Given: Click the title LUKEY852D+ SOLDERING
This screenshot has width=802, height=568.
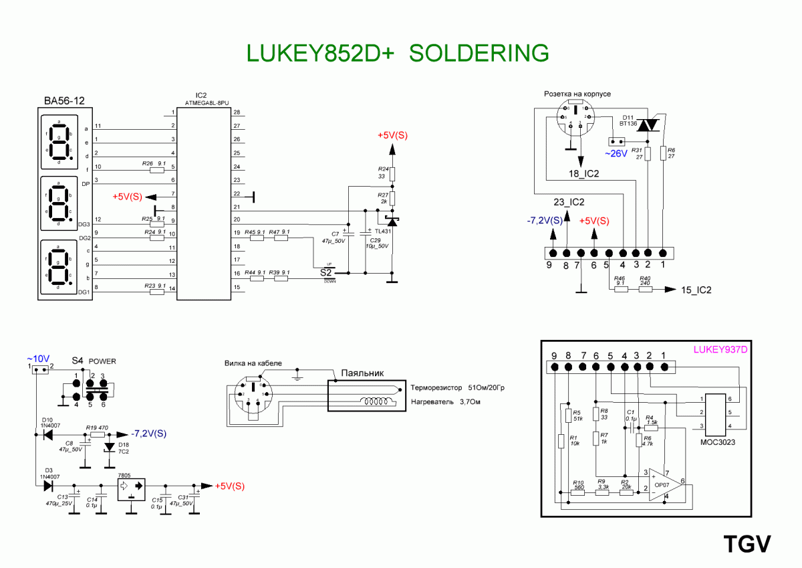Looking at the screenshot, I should click(398, 53).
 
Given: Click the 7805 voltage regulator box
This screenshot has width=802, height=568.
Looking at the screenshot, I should click(131, 488).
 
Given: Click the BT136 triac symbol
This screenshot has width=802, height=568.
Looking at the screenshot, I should click(648, 125).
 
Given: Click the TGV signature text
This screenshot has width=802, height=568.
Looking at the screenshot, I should click(747, 544).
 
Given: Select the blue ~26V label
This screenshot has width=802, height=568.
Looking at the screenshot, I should click(616, 154).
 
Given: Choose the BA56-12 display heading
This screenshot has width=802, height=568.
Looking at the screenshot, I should click(64, 102).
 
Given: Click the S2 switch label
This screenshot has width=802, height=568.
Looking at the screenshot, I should click(326, 272).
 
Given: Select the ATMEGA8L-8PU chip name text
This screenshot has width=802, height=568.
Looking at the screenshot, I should click(207, 102).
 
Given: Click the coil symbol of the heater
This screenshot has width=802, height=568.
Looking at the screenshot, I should click(376, 402).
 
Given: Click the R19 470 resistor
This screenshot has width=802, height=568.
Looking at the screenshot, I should click(98, 434).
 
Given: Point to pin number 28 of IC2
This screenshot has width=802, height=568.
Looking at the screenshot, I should click(237, 112).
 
